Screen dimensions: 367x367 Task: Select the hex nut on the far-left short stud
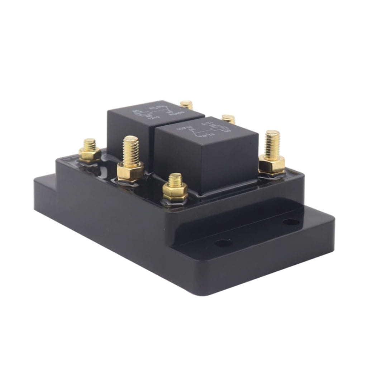[90, 155]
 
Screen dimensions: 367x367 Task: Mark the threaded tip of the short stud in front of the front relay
[175, 180]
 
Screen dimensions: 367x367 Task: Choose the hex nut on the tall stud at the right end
[272, 164]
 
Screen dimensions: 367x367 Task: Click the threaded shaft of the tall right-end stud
[272, 143]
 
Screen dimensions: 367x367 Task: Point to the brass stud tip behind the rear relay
[186, 105]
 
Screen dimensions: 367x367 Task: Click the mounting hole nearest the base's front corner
[223, 243]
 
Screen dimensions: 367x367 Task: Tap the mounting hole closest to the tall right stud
[291, 222]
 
